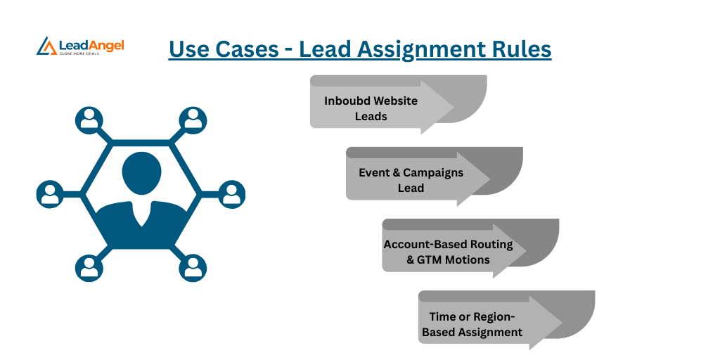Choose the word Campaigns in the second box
coord(433,172)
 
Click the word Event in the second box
coord(374,172)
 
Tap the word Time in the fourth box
coord(442,316)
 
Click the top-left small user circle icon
coord(89,120)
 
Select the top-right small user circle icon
coord(192,120)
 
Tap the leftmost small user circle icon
coord(50,194)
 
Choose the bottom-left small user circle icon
coord(89,268)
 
